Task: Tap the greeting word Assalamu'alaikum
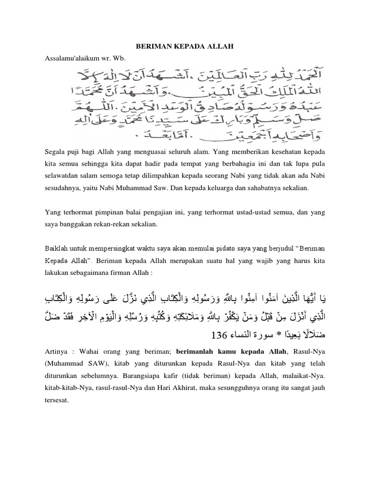coord(67,58)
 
